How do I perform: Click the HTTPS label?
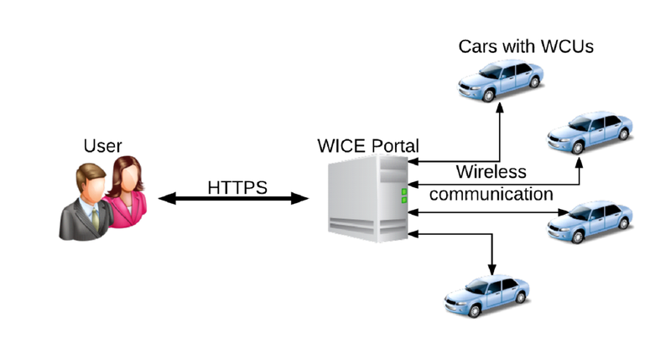click(237, 185)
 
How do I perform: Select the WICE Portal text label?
click(367, 144)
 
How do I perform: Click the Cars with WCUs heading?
click(526, 46)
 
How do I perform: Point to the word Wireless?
click(491, 172)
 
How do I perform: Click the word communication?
click(491, 194)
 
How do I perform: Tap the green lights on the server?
click(403, 196)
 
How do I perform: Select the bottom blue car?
click(486, 294)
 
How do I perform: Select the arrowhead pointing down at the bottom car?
click(492, 267)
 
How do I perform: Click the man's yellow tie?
click(95, 217)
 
